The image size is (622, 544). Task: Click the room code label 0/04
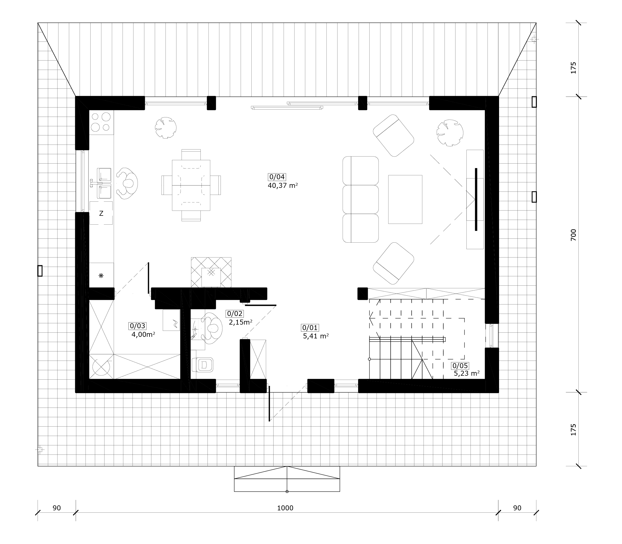tap(277, 177)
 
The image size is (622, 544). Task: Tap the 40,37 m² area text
tap(282, 186)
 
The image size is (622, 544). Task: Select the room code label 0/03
tap(137, 326)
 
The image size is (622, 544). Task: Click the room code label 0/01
tap(310, 327)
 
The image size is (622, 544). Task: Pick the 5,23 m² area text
tap(467, 373)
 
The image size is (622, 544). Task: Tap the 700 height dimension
tap(573, 235)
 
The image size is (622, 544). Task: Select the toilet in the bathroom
tap(203, 364)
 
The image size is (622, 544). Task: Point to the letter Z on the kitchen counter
tap(101, 213)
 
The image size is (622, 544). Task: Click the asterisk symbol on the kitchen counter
tap(101, 276)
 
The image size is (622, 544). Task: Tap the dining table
tap(191, 185)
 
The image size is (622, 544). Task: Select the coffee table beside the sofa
tap(405, 199)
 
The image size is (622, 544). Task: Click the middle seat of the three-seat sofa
tap(360, 199)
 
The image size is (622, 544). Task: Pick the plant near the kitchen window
tap(165, 128)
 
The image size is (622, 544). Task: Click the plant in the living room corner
tap(450, 133)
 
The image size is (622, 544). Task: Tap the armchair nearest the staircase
tap(394, 264)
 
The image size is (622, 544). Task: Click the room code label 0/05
tap(460, 366)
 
